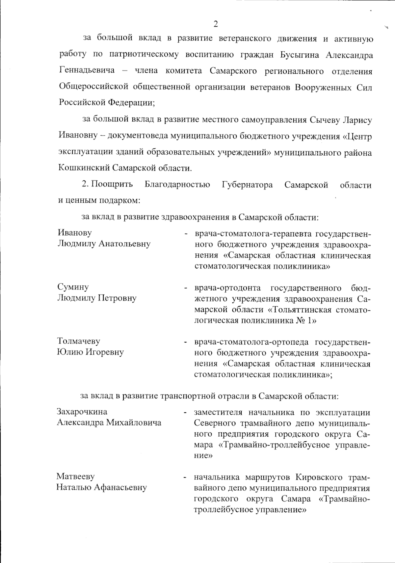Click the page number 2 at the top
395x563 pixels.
pos(216,24)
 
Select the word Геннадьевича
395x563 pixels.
pos(87,70)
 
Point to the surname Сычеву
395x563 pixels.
pos(324,120)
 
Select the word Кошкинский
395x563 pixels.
pos(84,168)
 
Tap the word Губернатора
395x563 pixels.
pos(247,185)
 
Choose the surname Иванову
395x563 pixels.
pos(75,233)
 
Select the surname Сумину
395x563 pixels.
pos(73,287)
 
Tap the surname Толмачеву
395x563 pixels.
pos(79,341)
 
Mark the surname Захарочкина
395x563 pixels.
pos(82,412)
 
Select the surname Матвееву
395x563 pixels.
pos(75,476)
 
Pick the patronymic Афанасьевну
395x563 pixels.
pos(120,487)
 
